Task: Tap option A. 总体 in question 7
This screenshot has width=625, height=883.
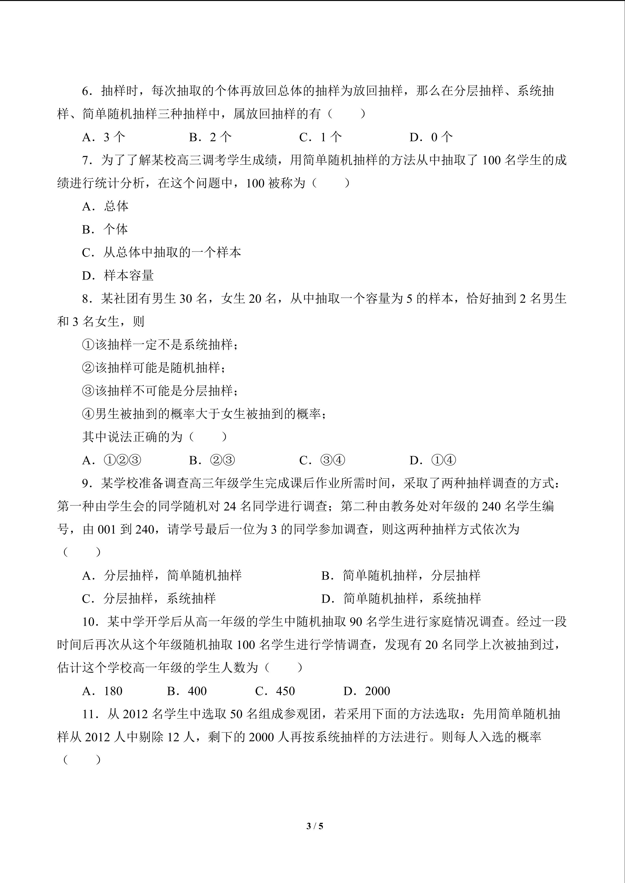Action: (x=105, y=206)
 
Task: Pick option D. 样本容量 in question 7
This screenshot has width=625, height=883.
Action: (x=118, y=276)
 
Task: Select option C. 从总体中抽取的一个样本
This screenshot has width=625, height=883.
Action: (x=162, y=253)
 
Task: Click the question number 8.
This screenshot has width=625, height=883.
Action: (x=87, y=299)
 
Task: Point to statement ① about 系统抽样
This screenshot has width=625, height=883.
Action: (x=160, y=345)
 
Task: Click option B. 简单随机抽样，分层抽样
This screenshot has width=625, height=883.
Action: (x=401, y=576)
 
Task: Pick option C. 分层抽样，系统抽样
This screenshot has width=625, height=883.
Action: (x=149, y=599)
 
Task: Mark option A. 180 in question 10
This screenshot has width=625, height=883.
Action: (x=102, y=691)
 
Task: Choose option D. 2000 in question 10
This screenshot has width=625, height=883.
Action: (x=367, y=691)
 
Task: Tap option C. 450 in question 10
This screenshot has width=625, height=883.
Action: (x=275, y=691)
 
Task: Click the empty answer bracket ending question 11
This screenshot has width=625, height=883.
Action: (x=82, y=760)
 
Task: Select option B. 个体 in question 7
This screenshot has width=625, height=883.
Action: (x=105, y=229)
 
